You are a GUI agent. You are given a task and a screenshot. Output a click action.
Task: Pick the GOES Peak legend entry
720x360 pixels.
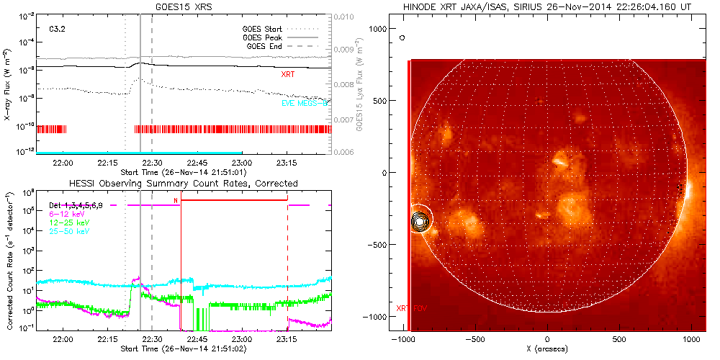(x=264, y=37)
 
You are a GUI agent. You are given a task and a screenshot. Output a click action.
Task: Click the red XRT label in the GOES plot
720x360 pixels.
(x=287, y=74)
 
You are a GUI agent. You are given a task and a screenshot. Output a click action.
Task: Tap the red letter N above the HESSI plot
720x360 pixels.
(x=176, y=200)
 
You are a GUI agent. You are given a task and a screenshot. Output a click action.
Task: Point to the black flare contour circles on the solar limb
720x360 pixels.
(x=420, y=222)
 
